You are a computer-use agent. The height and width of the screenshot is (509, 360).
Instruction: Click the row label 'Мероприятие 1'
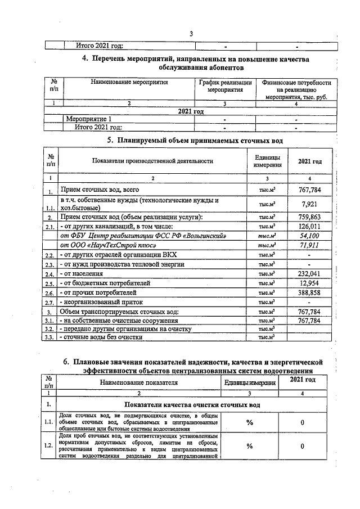89,119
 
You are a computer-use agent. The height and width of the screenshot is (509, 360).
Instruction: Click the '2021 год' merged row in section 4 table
191,111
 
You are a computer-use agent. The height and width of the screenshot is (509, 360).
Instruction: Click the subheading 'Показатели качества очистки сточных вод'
192,404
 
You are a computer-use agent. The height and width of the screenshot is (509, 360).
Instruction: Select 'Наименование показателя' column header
138,382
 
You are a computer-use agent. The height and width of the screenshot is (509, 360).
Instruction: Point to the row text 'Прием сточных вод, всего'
100,191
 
